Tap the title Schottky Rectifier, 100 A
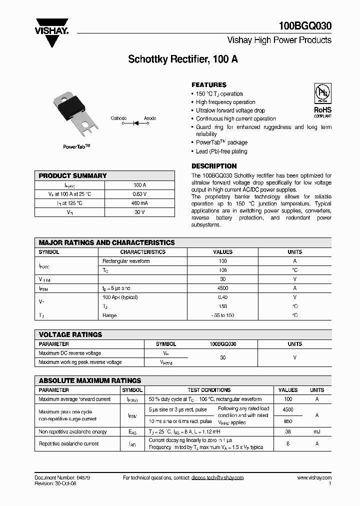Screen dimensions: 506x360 (x=183, y=59)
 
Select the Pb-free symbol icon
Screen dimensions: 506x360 (x=322, y=94)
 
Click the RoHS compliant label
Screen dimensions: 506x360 (x=322, y=111)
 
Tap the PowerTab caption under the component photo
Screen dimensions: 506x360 (x=76, y=146)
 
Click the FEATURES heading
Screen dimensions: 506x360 (x=209, y=85)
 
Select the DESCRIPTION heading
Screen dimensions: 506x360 (x=214, y=166)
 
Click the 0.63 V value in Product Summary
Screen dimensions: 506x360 (x=139, y=194)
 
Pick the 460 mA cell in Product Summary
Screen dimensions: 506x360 (x=139, y=203)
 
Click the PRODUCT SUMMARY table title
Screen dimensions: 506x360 (x=73, y=176)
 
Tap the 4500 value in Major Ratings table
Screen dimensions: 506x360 (x=222, y=288)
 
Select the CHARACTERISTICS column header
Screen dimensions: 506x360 (x=142, y=252)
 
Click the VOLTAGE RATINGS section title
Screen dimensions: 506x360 (x=70, y=334)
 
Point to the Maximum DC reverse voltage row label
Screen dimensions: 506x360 (x=70, y=353)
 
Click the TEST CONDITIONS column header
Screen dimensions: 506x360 (x=209, y=390)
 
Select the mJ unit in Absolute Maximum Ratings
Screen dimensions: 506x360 (x=317, y=431)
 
